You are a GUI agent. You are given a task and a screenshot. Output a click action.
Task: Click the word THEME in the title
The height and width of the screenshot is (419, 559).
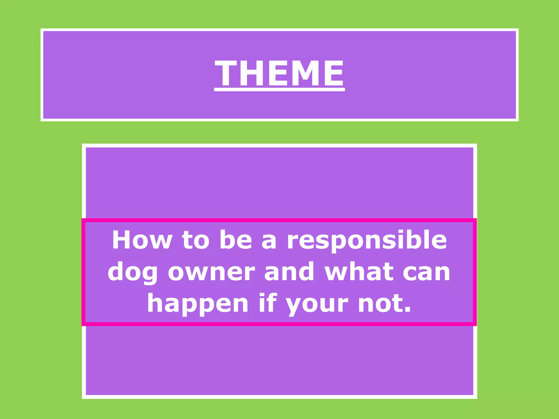coord(279,73)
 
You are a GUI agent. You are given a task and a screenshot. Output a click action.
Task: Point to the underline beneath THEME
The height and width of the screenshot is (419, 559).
coord(279,89)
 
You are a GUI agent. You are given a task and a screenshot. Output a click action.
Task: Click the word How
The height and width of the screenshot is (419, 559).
coord(142,240)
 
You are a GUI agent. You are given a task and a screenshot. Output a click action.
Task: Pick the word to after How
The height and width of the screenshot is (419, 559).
coord(196,240)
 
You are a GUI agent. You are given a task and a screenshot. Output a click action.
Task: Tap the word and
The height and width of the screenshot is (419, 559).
coord(289,272)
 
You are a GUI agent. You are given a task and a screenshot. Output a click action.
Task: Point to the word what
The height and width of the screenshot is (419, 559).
coord(359,272)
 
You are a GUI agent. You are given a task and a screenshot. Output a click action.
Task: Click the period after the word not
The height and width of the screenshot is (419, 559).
coord(408,310)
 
